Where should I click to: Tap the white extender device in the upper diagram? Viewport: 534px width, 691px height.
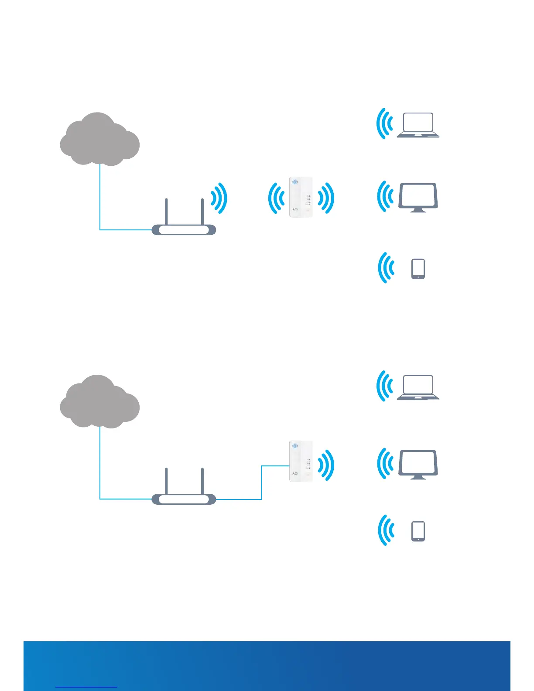pos(301,197)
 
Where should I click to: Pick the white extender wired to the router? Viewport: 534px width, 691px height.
pos(301,461)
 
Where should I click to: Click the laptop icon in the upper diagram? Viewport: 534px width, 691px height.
pos(418,125)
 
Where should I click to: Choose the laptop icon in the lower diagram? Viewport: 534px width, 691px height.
pos(418,387)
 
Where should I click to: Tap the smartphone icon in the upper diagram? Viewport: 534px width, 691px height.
pos(418,269)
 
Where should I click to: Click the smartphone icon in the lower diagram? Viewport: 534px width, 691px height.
pos(418,531)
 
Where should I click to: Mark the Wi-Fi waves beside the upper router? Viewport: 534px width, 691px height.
pos(219,198)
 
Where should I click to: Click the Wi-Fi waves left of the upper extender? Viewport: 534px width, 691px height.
pos(276,198)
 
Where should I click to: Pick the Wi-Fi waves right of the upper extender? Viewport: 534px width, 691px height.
pos(326,198)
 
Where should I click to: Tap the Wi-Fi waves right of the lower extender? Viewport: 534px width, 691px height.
pos(326,465)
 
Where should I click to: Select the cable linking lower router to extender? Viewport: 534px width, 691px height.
pos(261,484)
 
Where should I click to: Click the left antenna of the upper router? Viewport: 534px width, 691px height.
pos(166,212)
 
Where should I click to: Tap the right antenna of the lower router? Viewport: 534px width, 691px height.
pos(202,481)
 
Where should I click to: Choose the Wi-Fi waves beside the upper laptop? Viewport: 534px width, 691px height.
pos(384,123)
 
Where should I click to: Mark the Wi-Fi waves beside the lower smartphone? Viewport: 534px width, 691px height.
pos(386,530)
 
